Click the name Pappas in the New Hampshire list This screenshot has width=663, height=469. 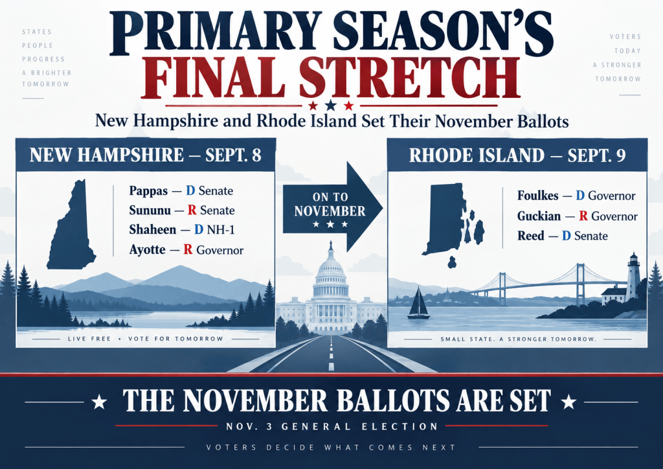[148, 190]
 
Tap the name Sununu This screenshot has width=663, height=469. [150, 210]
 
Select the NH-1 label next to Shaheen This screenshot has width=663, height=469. [220, 229]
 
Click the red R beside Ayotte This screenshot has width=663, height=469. [188, 249]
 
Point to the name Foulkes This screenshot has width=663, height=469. [538, 196]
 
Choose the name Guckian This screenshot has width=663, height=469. [539, 216]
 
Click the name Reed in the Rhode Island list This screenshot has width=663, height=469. [531, 236]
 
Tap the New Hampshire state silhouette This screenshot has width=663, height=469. [71, 225]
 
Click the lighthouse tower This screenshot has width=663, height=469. [633, 277]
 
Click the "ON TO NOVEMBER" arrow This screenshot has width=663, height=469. [333, 207]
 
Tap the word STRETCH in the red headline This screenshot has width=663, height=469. [409, 78]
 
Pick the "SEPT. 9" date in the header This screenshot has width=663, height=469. [596, 155]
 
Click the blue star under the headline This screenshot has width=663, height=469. [331, 105]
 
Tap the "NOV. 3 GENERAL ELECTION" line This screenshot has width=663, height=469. [331, 426]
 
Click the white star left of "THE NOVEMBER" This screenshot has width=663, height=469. [99, 402]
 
